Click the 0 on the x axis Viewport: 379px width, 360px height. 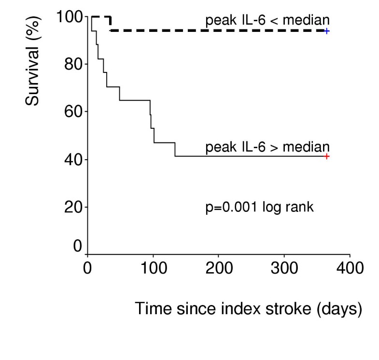click(x=87, y=268)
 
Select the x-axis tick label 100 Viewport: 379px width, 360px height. click(x=153, y=268)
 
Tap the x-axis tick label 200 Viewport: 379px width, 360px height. click(x=218, y=268)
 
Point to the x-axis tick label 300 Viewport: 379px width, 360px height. click(x=284, y=268)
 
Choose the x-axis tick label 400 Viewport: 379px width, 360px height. click(x=350, y=268)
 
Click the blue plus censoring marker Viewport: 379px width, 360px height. click(x=327, y=31)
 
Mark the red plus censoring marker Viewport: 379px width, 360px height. click(x=327, y=156)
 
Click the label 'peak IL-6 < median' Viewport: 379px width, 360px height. click(x=267, y=20)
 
